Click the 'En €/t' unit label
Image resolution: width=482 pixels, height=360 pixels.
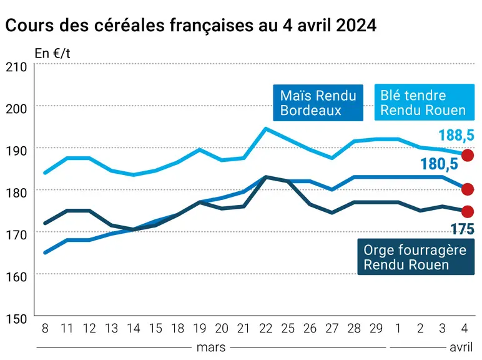[52, 54]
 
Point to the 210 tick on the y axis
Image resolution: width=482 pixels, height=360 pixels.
[16, 67]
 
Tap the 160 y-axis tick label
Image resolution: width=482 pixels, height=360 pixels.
[16, 277]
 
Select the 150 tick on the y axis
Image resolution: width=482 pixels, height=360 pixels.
[16, 319]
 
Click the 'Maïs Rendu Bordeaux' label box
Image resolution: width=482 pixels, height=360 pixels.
[318, 102]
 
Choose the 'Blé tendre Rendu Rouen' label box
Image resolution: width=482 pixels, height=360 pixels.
[424, 102]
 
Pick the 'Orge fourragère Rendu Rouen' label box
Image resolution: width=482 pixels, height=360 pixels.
[416, 257]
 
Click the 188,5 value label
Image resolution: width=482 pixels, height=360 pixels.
[456, 136]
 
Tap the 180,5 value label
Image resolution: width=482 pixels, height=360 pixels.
[440, 164]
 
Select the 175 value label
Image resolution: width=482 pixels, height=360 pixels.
[462, 229]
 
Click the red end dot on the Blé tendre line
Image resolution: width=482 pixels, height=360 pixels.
[468, 155]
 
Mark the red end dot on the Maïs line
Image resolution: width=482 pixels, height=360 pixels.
[468, 189]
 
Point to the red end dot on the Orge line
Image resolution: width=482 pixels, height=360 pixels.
[468, 212]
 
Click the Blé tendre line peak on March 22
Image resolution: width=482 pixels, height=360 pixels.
[266, 129]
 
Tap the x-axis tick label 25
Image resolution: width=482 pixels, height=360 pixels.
[288, 329]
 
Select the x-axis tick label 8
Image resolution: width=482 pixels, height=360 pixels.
[45, 329]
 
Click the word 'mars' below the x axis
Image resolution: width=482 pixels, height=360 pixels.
[211, 347]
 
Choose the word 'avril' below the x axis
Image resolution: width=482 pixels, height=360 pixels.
[461, 347]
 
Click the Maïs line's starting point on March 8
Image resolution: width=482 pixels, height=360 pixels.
[45, 252]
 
